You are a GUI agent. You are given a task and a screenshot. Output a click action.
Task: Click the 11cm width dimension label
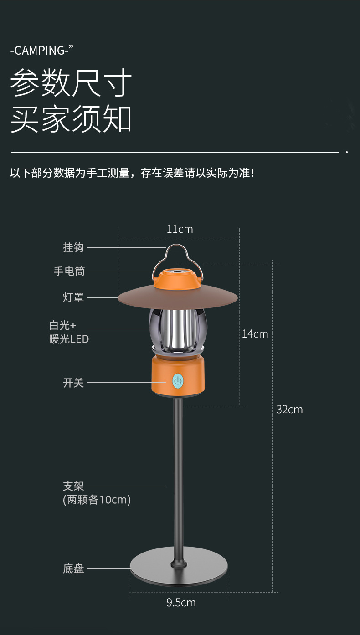180,229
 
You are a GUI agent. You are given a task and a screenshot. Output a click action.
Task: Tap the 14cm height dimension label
255,333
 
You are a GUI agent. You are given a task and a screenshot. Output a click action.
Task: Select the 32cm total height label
289,409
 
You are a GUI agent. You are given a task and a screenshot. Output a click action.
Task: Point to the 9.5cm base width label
181,603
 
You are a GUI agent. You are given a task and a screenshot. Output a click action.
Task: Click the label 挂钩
73,247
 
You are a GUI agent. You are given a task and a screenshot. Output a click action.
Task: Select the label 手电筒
69,271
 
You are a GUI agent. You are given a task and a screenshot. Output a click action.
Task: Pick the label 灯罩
73,297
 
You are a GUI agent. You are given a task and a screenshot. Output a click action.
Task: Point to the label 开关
73,383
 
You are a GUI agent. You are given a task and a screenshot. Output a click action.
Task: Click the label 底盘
73,568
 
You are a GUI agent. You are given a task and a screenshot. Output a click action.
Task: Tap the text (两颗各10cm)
97,500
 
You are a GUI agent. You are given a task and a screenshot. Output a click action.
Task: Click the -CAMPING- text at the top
42,50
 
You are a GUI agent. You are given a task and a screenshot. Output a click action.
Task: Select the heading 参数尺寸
71,83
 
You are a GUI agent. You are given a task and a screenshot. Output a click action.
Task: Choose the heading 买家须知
71,119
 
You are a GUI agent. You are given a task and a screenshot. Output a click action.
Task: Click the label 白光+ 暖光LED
69,332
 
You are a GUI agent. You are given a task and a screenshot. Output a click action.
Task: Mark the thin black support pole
178,478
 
